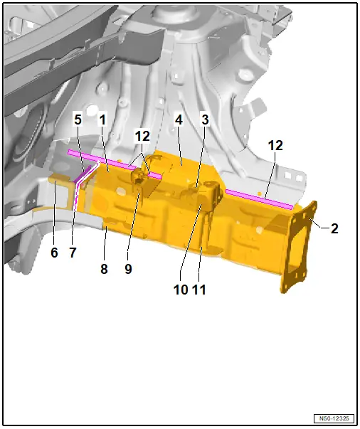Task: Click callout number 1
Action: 102,120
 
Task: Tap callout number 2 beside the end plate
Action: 334,228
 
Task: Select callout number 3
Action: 205,120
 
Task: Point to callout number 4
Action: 179,120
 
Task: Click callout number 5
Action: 78,120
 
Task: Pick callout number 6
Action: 54,253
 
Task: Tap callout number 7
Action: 73,253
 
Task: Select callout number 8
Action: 104,269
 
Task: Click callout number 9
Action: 128,269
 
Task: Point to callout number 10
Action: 181,290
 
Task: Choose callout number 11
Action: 199,290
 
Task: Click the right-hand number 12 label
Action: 275,146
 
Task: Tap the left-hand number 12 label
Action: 142,136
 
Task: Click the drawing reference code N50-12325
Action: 334,418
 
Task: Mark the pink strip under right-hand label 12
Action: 260,199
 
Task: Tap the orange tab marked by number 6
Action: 60,179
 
